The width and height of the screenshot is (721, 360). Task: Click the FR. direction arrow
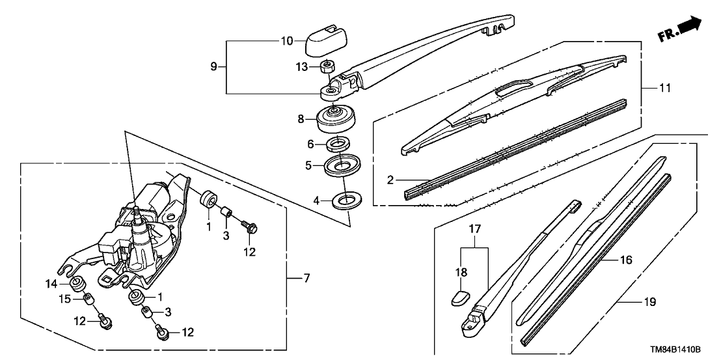click(x=689, y=27)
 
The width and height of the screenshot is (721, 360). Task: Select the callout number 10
click(x=287, y=41)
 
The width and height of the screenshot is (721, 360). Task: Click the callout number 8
click(x=301, y=119)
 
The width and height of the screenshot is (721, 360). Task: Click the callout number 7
click(x=306, y=278)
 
